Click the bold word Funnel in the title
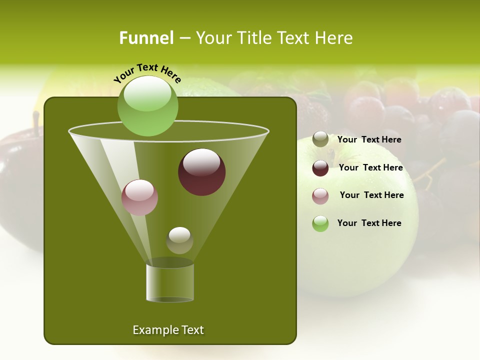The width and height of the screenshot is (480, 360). point(146,38)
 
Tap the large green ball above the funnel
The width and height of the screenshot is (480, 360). point(147,105)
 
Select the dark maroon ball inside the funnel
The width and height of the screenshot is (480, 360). point(201,171)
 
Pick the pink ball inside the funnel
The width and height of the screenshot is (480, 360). point(140,197)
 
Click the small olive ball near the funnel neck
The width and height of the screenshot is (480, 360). point(179,240)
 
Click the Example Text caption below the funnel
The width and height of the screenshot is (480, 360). point(168,330)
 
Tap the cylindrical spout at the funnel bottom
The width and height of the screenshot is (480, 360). point(170,282)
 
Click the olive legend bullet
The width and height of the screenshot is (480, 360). point(320,139)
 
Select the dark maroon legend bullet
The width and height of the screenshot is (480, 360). point(320,168)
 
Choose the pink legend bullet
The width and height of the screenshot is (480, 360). point(320,196)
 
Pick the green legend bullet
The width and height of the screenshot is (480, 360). point(320,223)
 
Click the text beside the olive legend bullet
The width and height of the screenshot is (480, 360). point(369,140)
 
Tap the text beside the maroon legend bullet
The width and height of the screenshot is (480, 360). point(370,168)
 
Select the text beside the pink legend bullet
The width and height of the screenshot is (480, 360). point(371,195)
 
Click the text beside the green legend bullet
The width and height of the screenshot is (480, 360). point(369,223)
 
